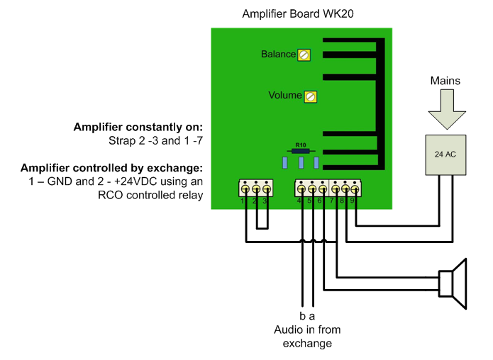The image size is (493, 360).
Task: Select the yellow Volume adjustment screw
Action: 310,96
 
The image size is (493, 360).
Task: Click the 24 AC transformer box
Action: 445,154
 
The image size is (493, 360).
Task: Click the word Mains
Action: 445,81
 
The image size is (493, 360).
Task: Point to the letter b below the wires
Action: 301,316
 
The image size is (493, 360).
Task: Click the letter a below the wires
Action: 313,316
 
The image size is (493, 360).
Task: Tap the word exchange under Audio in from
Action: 303,344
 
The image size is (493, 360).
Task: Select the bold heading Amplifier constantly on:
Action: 138,128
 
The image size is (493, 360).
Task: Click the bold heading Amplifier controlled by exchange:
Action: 112,168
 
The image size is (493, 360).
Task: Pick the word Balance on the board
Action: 278,55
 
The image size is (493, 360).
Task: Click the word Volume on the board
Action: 284,95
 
